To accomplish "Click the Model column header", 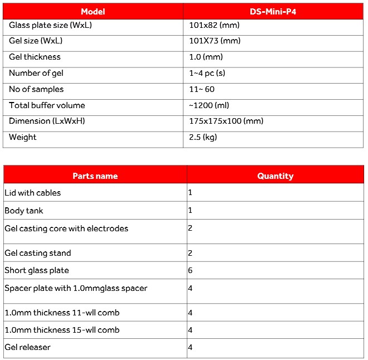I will tap(93, 12).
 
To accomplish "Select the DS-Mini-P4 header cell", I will tap(273, 12).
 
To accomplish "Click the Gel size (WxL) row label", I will tap(36, 41).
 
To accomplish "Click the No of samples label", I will tap(36, 89).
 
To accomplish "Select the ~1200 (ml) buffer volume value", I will tap(210, 105).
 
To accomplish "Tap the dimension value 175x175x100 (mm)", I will tap(226, 121).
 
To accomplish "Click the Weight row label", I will tap(23, 137).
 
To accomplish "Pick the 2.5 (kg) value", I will tap(204, 137).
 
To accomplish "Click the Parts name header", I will tap(95, 176).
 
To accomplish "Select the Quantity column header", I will tap(275, 176).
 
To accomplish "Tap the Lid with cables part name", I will tap(33, 193).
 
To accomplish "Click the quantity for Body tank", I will tap(190, 211).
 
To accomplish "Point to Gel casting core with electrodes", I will tap(66, 228).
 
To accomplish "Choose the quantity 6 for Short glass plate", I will tap(190, 271).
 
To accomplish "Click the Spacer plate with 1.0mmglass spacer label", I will tap(76, 288).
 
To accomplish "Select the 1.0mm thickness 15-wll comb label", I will tap(62, 330).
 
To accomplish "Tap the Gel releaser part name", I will tap(27, 347).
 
